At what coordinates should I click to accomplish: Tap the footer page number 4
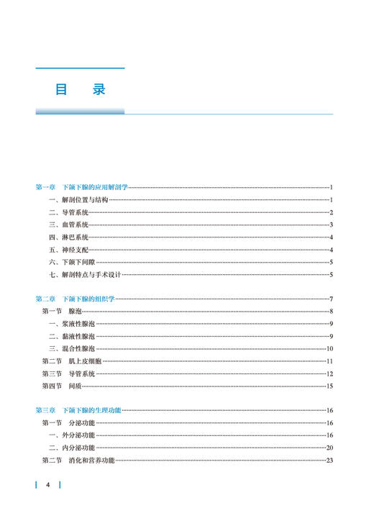pyautogui.click(x=47, y=485)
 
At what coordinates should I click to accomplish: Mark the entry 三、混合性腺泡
pyautogui.click(x=72, y=348)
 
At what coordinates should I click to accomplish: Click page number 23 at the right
pyautogui.click(x=329, y=460)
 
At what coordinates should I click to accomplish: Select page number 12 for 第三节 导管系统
pyautogui.click(x=329, y=373)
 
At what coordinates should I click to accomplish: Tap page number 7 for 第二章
pyautogui.click(x=331, y=299)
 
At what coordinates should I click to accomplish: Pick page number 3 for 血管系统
pyautogui.click(x=331, y=224)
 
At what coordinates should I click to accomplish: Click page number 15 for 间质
pyautogui.click(x=329, y=386)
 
